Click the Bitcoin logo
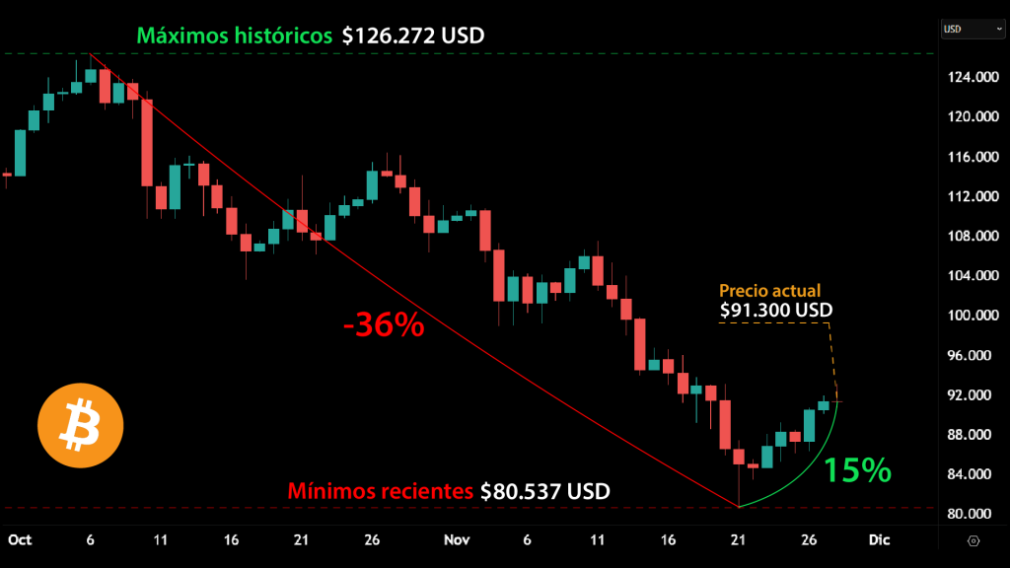point(81,426)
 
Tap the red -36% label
point(384,324)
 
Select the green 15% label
point(857,469)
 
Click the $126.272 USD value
point(413,35)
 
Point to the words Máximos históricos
point(234,35)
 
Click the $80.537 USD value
point(544,490)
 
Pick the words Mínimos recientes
point(380,490)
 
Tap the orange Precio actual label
point(769,291)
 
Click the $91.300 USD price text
point(776,311)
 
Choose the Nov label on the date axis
point(456,540)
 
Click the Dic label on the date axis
point(878,540)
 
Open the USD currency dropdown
point(972,29)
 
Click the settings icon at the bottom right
point(974,540)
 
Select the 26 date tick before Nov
point(372,540)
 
